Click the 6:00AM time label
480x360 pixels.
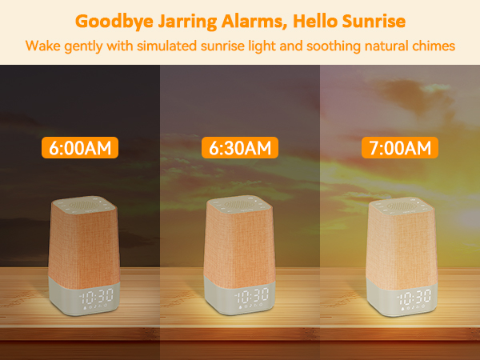pos(80,148)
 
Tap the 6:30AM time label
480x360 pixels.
pos(240,148)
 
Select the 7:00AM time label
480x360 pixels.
pos(402,148)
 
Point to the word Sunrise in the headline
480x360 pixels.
pos(376,21)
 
